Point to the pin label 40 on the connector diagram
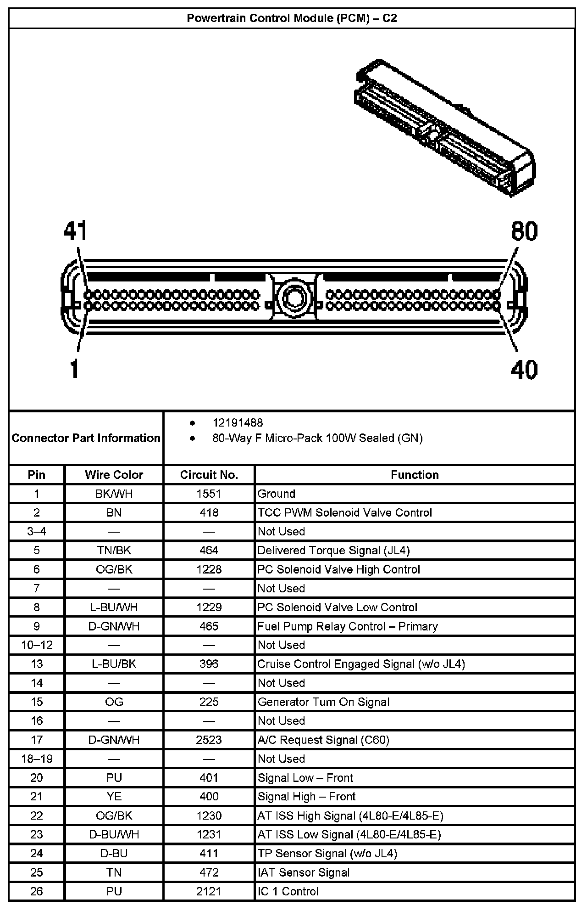point(524,369)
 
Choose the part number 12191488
point(238,422)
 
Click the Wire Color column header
point(114,475)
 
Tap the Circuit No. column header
point(209,475)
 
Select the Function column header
point(415,475)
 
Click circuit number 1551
point(209,494)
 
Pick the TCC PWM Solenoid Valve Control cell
point(344,512)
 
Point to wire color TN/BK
point(114,550)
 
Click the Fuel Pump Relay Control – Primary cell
point(347,626)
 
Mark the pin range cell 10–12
point(37,645)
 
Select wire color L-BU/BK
point(114,664)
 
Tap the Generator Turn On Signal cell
point(323,702)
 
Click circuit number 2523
point(209,740)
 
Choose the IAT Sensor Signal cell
point(304,872)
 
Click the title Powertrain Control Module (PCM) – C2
point(292,18)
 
